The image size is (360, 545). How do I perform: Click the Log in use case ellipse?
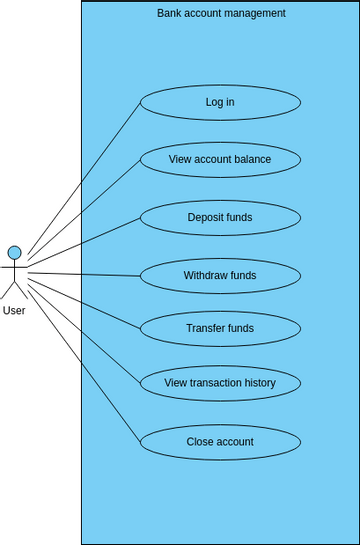220,102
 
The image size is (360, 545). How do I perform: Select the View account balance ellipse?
220,160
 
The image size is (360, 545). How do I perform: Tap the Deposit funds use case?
220,217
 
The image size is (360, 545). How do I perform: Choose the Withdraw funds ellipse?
220,275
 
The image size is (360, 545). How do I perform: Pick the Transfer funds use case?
220,328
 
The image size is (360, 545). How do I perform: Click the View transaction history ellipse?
220,382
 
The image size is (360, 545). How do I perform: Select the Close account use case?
220,442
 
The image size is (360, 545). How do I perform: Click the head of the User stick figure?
14,252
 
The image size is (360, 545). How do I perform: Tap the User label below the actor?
14,311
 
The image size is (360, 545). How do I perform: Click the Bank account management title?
221,13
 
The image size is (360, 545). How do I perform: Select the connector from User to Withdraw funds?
85,274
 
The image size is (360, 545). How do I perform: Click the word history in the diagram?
255,382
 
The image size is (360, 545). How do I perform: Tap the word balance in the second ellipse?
251,160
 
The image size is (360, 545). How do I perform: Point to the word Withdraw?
205,275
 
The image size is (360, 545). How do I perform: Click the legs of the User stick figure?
14,290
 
